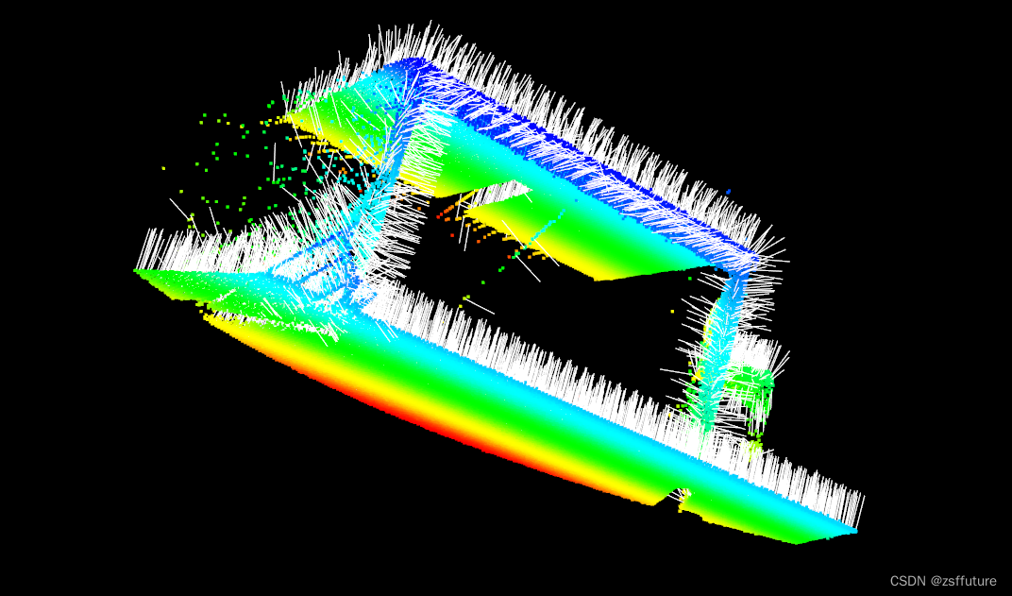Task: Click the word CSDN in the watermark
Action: (x=907, y=581)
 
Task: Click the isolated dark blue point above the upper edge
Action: (x=729, y=192)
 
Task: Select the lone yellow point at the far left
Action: (x=163, y=168)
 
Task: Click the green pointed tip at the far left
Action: (x=138, y=271)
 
